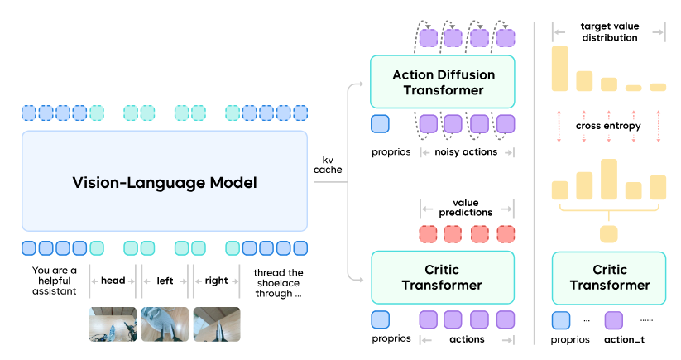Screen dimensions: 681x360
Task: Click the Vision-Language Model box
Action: click(x=165, y=181)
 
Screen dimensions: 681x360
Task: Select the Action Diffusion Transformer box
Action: click(x=443, y=82)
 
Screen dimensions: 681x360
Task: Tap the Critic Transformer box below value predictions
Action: click(x=443, y=277)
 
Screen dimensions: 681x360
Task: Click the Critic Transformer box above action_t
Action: click(x=609, y=278)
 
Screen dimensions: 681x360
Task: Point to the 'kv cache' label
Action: click(x=328, y=165)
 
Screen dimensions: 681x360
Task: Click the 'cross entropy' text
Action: click(x=608, y=126)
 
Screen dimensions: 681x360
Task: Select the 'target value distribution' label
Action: click(x=610, y=32)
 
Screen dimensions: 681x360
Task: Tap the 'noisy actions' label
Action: click(x=466, y=152)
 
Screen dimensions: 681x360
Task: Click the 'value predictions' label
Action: click(x=466, y=208)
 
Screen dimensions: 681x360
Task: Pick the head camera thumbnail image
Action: click(x=113, y=324)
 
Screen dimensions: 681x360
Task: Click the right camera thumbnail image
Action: click(x=217, y=324)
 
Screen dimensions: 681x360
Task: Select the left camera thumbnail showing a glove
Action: click(x=165, y=324)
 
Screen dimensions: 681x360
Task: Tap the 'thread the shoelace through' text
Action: click(x=278, y=283)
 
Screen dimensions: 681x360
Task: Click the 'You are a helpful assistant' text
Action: click(x=55, y=281)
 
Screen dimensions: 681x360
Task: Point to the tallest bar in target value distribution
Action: click(x=560, y=69)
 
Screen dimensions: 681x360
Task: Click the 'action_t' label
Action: click(x=624, y=339)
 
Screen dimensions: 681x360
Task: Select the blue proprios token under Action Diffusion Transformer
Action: click(x=380, y=124)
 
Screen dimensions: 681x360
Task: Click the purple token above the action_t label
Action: click(x=614, y=320)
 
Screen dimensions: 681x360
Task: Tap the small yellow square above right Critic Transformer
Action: click(x=608, y=234)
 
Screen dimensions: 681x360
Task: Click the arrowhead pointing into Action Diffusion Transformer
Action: click(x=361, y=84)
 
